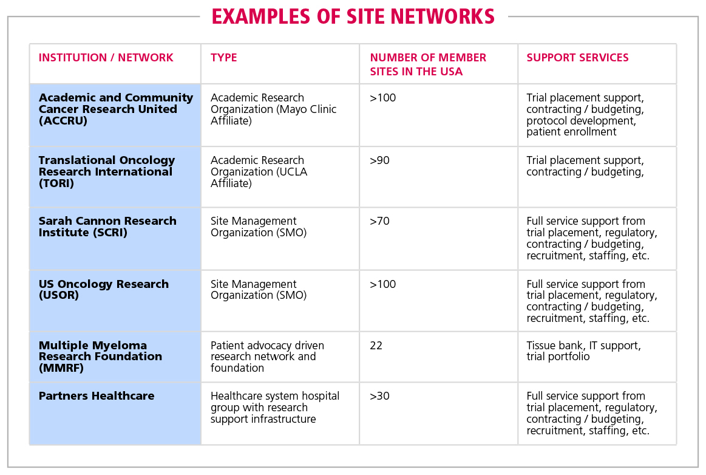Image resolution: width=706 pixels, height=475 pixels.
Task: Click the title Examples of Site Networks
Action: (x=353, y=16)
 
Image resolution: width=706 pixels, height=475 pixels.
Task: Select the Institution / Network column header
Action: (x=106, y=58)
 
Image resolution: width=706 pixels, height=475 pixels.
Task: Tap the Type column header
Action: (x=224, y=58)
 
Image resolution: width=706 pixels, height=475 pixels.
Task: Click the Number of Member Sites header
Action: (x=428, y=64)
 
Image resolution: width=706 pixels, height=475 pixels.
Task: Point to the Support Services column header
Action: (x=577, y=58)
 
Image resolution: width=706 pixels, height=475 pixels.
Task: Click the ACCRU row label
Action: (x=116, y=109)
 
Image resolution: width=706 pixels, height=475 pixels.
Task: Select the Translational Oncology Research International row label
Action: (x=107, y=172)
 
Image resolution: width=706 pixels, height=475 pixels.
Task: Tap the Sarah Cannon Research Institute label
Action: (x=107, y=227)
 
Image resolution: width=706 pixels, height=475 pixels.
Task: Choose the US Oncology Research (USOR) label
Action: (x=104, y=289)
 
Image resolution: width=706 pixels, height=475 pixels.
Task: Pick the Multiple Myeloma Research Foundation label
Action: (x=100, y=357)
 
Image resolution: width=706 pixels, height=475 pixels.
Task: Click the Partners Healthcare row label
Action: (x=97, y=395)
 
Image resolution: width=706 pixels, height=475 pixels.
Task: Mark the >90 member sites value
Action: (x=379, y=160)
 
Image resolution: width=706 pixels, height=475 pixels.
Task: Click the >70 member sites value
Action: (x=379, y=221)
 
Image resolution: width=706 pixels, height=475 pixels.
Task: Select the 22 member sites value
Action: (x=376, y=346)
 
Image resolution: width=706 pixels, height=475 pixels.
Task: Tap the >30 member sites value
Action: (x=379, y=396)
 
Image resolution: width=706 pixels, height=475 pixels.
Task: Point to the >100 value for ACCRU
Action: (x=382, y=98)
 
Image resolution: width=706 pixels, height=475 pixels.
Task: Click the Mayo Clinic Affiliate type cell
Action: (x=273, y=109)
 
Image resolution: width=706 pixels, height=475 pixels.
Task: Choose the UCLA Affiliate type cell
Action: (x=259, y=172)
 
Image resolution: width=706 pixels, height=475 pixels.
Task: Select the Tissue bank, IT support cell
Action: (x=583, y=351)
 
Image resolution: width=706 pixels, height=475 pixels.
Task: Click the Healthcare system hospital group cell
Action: (x=275, y=408)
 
